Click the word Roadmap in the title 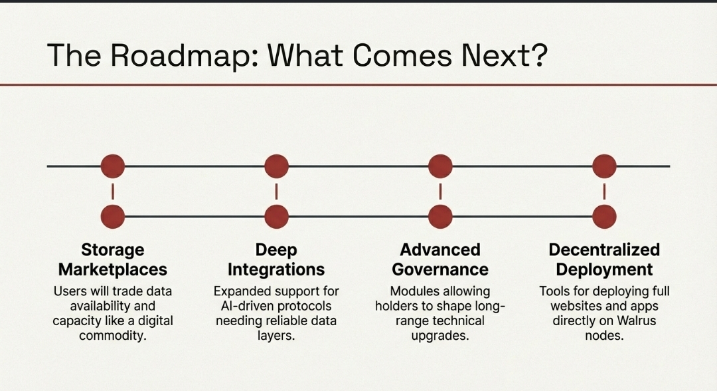coord(185,55)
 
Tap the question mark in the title coord(539,55)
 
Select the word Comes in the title coord(402,55)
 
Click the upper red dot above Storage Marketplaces coord(112,166)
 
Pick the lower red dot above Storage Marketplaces coord(112,217)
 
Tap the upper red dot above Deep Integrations coord(277,166)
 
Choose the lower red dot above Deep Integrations coord(277,217)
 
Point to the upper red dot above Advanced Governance coord(440,166)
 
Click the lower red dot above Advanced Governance coord(440,217)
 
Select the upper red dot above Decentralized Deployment coord(605,166)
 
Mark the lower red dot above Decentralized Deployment coord(605,217)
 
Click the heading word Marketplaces coord(112,270)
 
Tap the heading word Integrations coord(276,270)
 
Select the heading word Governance coord(440,269)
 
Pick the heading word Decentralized coord(604,249)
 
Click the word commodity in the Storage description coord(112,336)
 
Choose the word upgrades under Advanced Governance coord(440,336)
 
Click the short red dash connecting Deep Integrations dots coord(277,192)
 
